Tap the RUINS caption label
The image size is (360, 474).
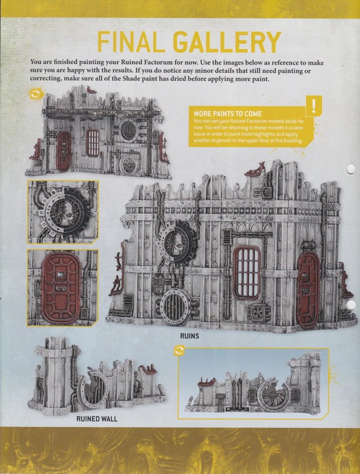(x=190, y=336)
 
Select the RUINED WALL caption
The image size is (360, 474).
(x=97, y=419)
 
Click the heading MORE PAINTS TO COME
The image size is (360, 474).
(x=228, y=114)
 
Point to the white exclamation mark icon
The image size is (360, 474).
(x=314, y=106)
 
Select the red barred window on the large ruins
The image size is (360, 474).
(x=246, y=273)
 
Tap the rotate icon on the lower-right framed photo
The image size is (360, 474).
(x=179, y=351)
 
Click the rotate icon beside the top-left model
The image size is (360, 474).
(x=36, y=94)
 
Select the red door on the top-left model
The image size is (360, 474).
(x=64, y=151)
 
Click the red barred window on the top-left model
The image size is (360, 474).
(x=93, y=143)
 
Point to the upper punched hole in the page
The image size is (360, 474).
(x=351, y=169)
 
